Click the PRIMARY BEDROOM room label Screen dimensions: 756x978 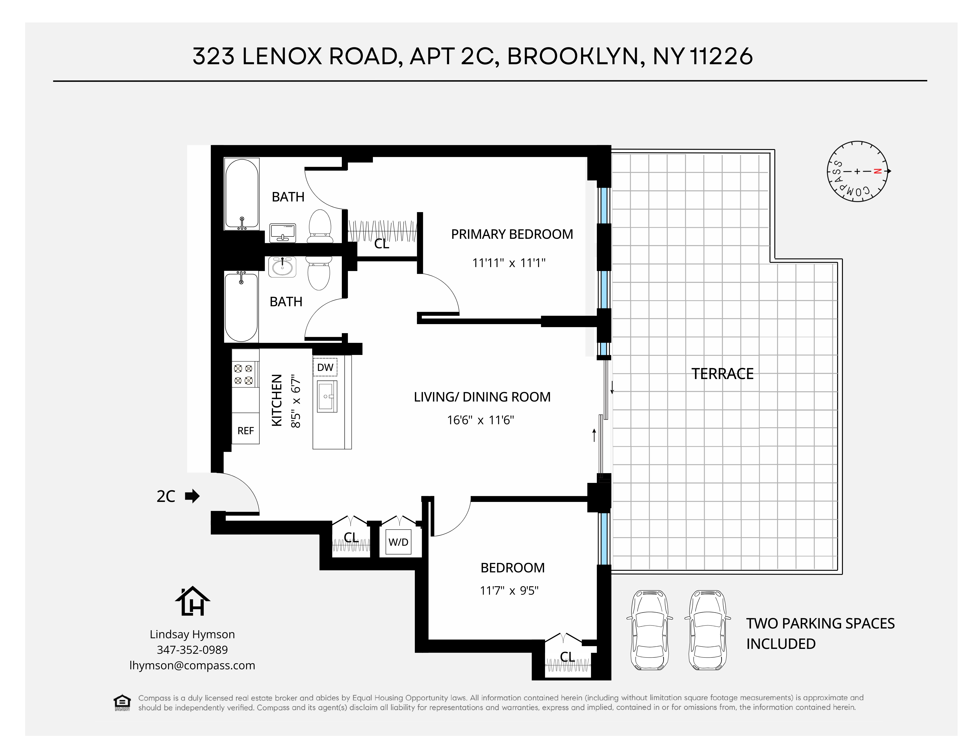[x=512, y=234]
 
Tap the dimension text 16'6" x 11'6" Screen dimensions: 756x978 [x=480, y=420]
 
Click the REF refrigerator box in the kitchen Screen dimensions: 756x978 [x=245, y=431]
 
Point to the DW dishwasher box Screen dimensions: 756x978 [x=325, y=367]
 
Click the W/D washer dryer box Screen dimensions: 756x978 [x=398, y=542]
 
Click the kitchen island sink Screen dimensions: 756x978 [x=327, y=396]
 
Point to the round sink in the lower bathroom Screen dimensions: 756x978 [x=282, y=267]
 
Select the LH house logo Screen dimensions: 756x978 [x=193, y=602]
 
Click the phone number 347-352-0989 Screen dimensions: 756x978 [x=192, y=649]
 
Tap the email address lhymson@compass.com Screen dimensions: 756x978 [x=192, y=665]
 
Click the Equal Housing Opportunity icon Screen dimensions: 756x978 [x=122, y=702]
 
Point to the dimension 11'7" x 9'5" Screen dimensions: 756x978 [x=509, y=591]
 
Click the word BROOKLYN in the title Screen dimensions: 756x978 [x=575, y=56]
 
